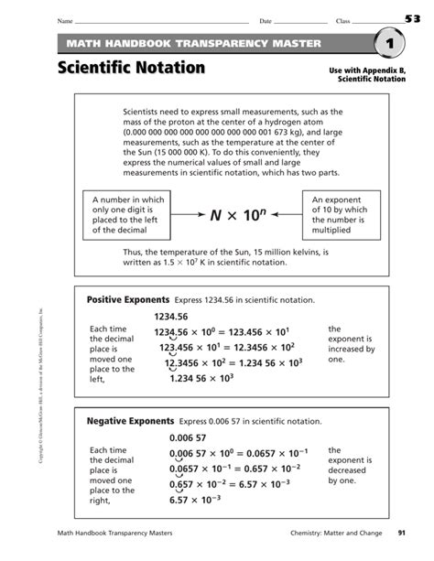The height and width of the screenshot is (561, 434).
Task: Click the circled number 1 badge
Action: tap(388, 44)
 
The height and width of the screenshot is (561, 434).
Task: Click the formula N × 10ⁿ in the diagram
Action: tap(236, 215)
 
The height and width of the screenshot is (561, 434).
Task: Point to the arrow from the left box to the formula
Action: tap(186, 215)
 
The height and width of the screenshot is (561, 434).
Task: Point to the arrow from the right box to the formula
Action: tap(283, 215)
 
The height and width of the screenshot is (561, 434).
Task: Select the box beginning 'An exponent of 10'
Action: tap(342, 215)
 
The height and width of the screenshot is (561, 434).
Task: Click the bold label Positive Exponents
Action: tap(128, 300)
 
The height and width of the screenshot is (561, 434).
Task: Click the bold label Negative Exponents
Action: tap(129, 421)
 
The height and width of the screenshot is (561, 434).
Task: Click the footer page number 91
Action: tap(401, 532)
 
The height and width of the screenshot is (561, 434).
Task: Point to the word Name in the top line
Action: tap(63, 20)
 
